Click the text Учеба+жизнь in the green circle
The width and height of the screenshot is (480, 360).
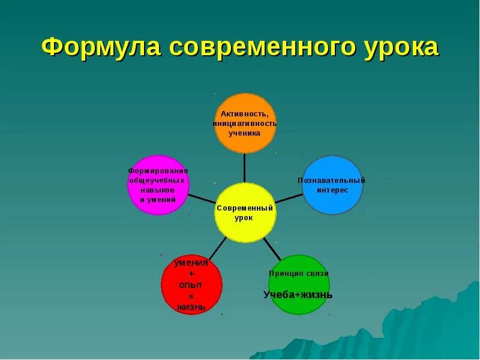(298, 295)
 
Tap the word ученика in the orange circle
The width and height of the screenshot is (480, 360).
(245, 133)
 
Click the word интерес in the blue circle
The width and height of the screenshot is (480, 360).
(332, 190)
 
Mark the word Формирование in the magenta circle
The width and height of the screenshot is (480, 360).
(158, 171)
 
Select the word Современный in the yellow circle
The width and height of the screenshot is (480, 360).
(245, 208)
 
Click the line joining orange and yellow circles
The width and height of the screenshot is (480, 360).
(245, 168)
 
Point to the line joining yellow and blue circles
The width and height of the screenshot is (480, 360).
(289, 198)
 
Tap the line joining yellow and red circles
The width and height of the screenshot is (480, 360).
(217, 248)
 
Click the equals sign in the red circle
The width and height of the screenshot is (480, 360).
(191, 296)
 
